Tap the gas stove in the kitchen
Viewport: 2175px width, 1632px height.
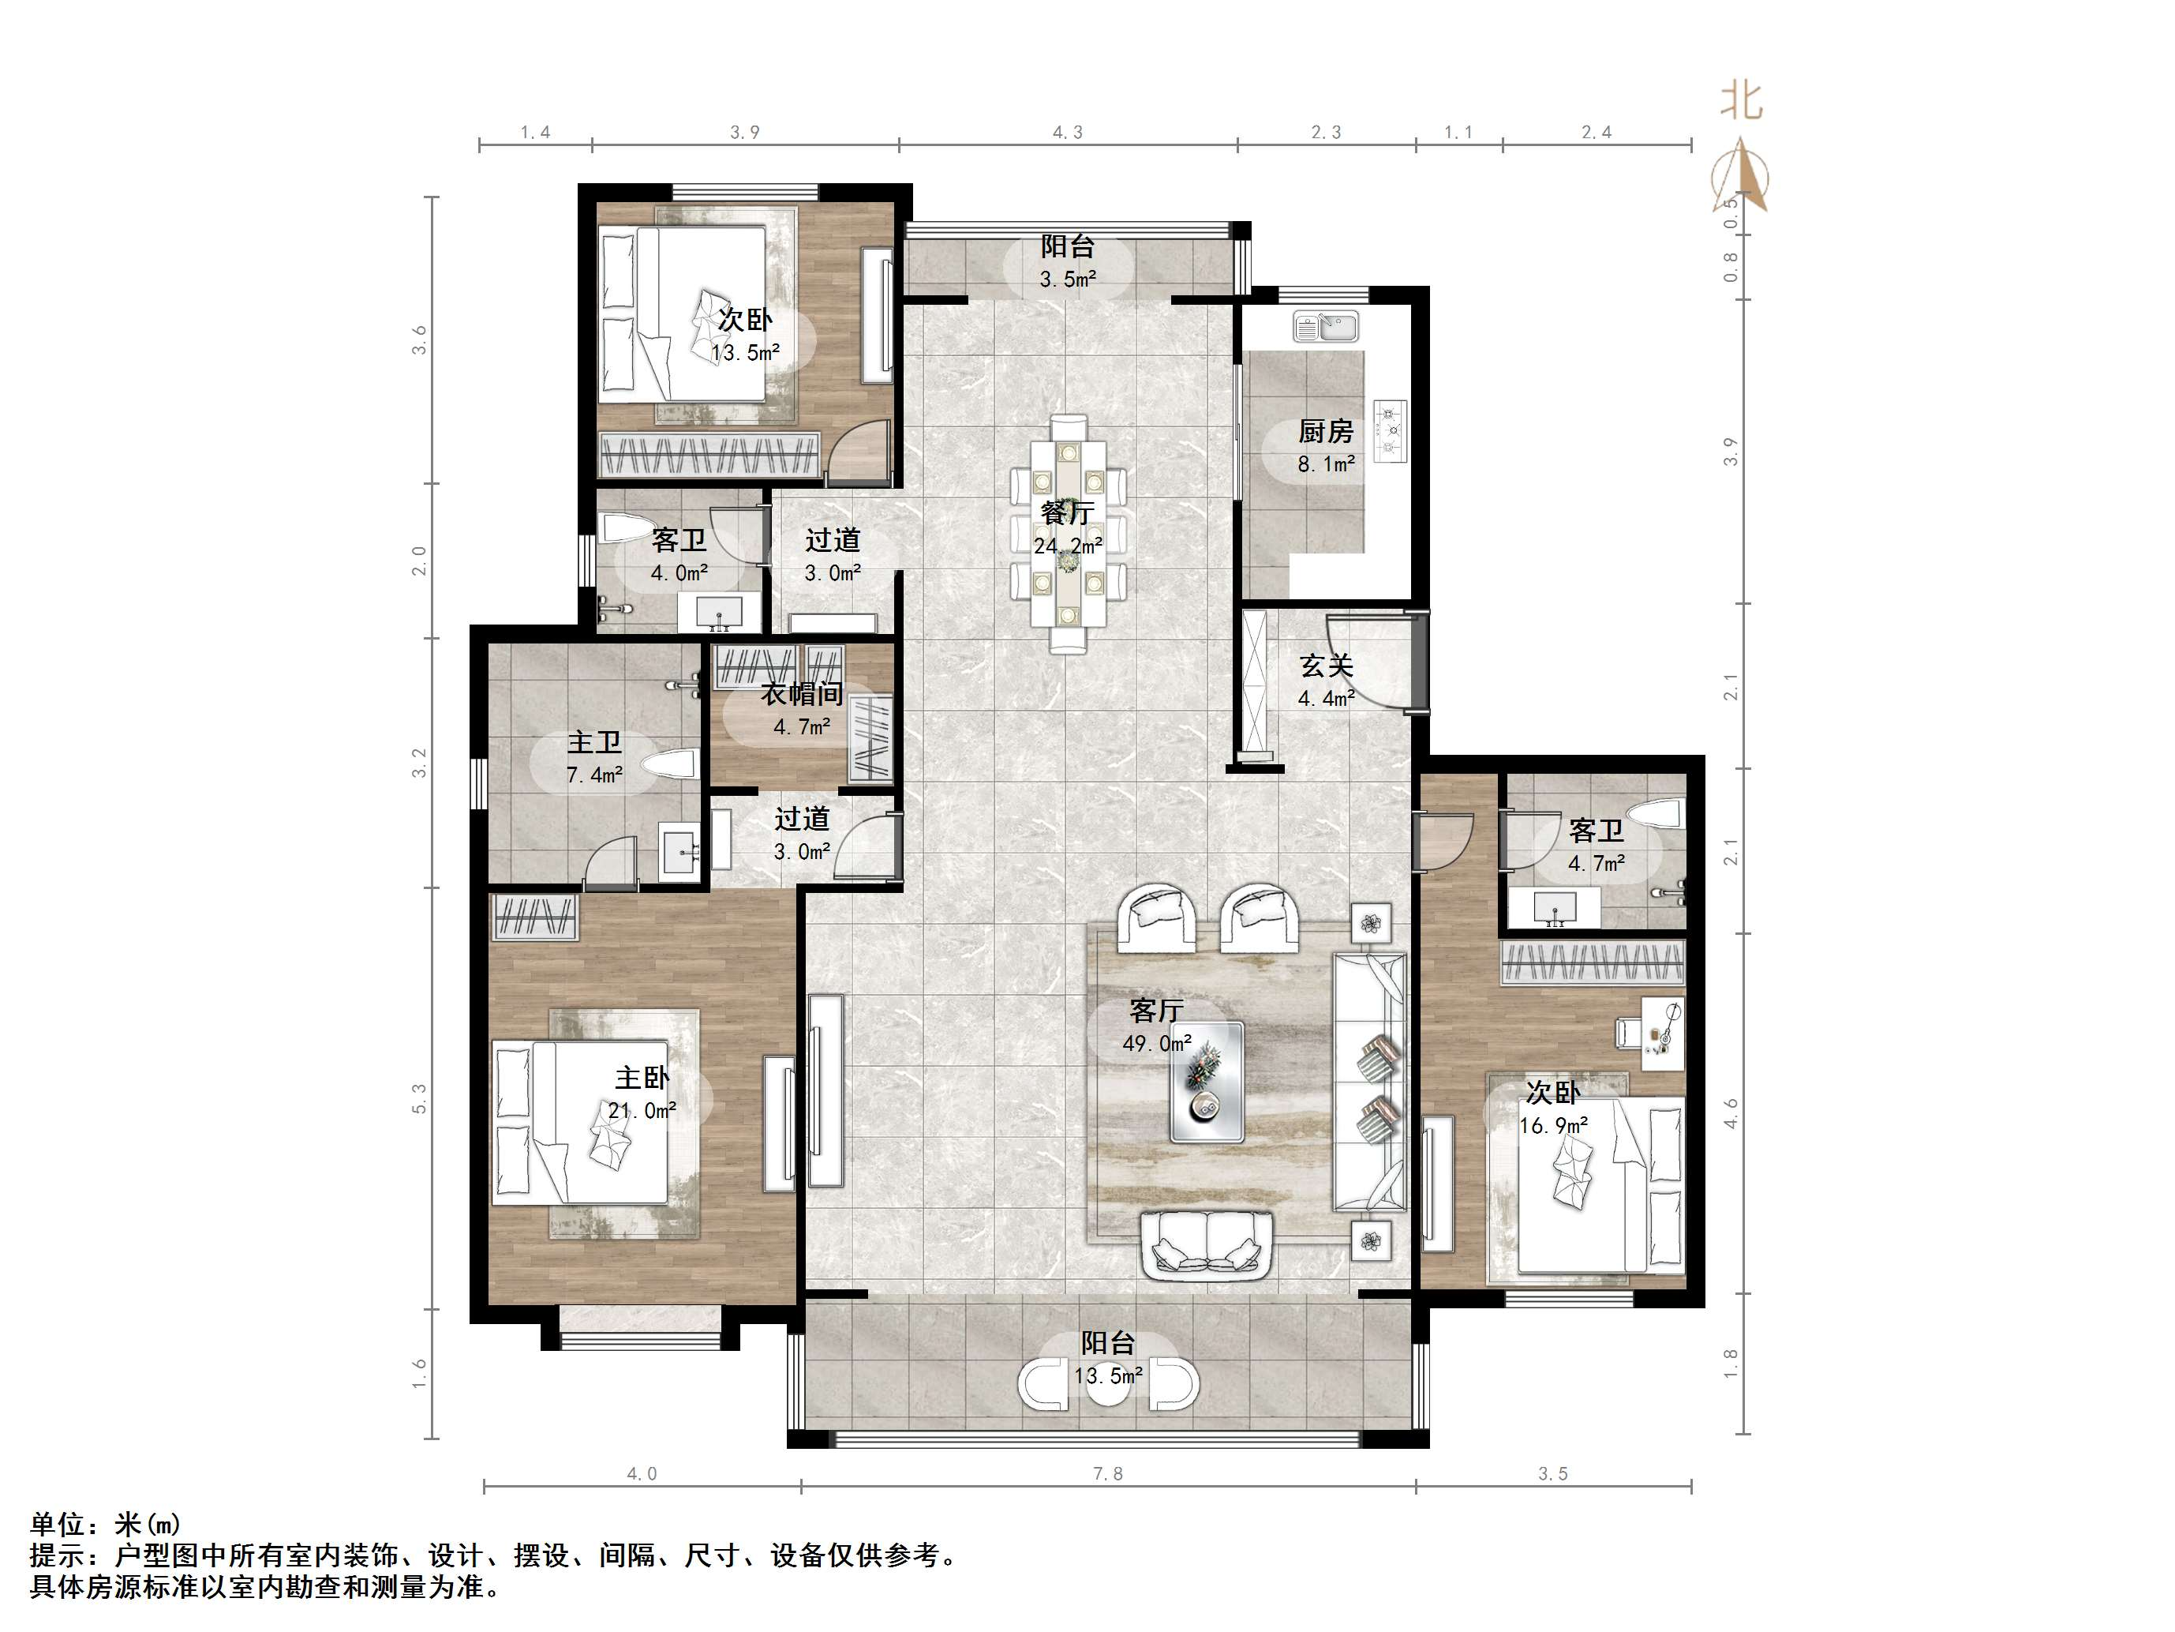(1391, 432)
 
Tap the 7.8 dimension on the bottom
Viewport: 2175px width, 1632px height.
(1107, 1473)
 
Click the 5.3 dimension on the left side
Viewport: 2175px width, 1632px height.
(420, 1097)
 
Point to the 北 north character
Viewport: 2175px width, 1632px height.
(1742, 100)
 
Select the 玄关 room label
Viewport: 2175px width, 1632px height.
(1327, 666)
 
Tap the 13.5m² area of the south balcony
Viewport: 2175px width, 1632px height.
(1108, 1375)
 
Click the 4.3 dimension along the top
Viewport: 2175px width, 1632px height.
(1068, 133)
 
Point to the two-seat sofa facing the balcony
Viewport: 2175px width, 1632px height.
(1207, 1244)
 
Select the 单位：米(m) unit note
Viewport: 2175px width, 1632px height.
(105, 1525)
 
